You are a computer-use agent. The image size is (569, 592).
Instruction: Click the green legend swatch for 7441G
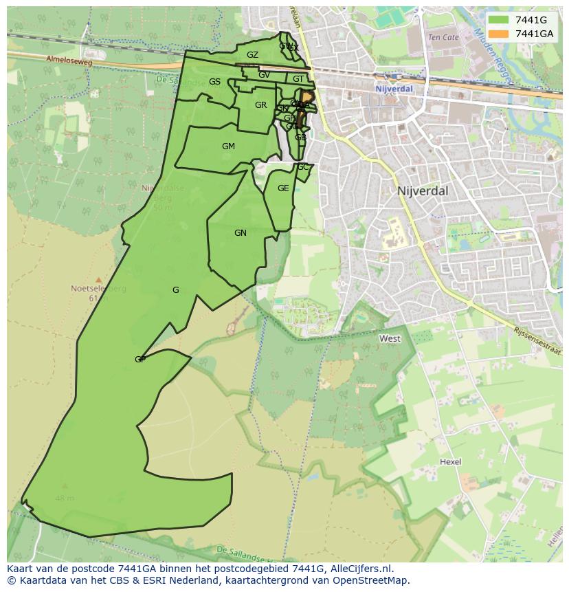tap(499, 20)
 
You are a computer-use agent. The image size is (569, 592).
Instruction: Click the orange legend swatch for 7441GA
tap(499, 33)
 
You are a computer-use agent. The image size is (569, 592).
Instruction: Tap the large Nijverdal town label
tap(423, 190)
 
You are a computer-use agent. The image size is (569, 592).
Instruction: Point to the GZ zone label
tap(252, 55)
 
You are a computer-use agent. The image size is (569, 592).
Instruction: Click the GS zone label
tap(214, 82)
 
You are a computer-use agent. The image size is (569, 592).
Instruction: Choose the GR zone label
tap(260, 105)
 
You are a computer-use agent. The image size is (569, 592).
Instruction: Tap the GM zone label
tap(228, 146)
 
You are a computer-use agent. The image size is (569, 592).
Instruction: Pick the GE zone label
tap(283, 188)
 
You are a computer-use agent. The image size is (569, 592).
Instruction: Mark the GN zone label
tap(240, 233)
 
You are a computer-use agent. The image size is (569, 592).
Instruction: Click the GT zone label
tap(298, 79)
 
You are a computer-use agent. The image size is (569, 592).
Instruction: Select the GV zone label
tap(264, 75)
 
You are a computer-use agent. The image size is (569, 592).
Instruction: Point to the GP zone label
tap(140, 360)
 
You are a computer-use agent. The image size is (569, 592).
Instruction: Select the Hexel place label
tap(451, 462)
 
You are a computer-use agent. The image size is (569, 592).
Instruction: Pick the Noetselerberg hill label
tap(99, 289)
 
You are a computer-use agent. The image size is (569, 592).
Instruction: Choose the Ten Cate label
tap(443, 37)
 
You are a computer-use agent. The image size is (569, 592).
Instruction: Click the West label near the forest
tap(390, 339)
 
